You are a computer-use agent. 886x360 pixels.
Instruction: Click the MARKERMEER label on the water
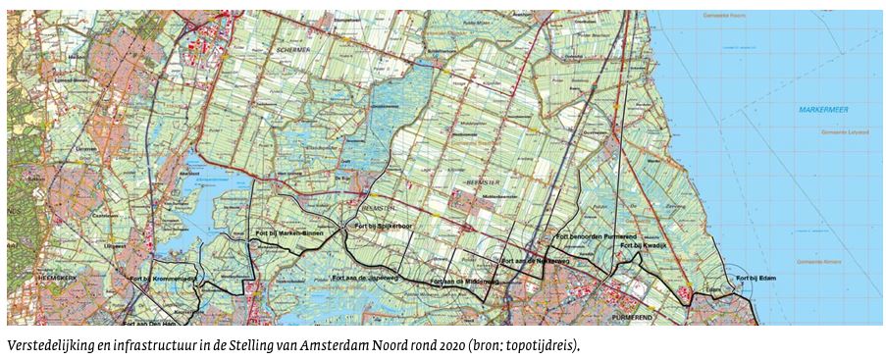pyautogui.click(x=821, y=108)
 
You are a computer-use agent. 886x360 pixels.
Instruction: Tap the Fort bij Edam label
pyautogui.click(x=757, y=278)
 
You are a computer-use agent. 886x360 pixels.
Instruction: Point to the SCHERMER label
pyautogui.click(x=292, y=48)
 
